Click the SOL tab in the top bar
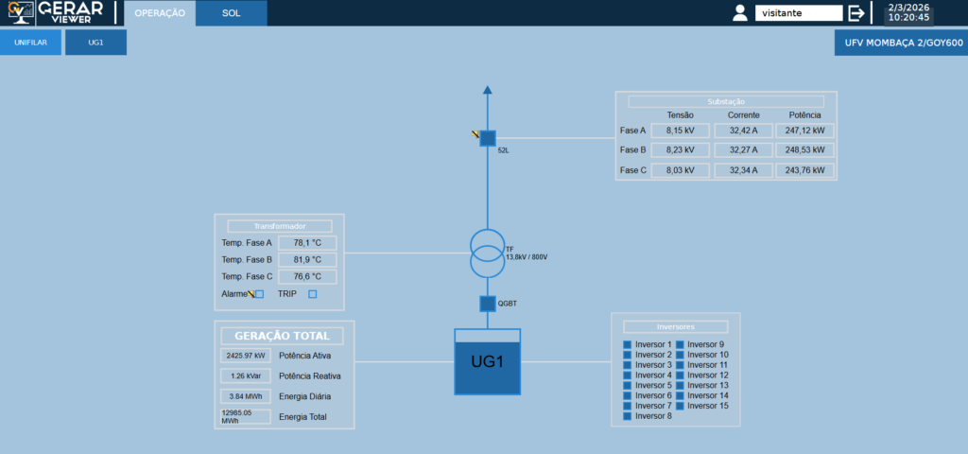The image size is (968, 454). pos(232,13)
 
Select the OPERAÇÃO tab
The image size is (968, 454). pos(160,13)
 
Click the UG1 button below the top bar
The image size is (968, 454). pos(95,43)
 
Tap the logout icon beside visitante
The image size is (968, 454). pos(856,13)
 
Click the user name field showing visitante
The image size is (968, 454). pos(798,13)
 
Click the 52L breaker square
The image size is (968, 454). pos(488,138)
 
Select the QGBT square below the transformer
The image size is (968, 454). pos(488,304)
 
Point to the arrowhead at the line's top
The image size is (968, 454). pos(488,91)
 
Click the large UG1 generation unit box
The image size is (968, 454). pos(488,362)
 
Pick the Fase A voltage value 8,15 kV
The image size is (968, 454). pos(681,131)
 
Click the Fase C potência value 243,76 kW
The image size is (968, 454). pos(804,170)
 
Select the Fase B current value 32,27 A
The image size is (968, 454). pos(743,150)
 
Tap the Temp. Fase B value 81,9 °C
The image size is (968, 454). pos(307,260)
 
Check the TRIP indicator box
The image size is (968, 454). pos(313,294)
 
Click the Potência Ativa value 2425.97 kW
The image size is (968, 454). pos(245,356)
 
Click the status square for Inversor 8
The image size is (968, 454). pos(627,416)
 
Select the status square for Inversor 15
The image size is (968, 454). pos(680,406)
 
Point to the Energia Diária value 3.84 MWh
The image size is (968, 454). pos(245,396)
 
